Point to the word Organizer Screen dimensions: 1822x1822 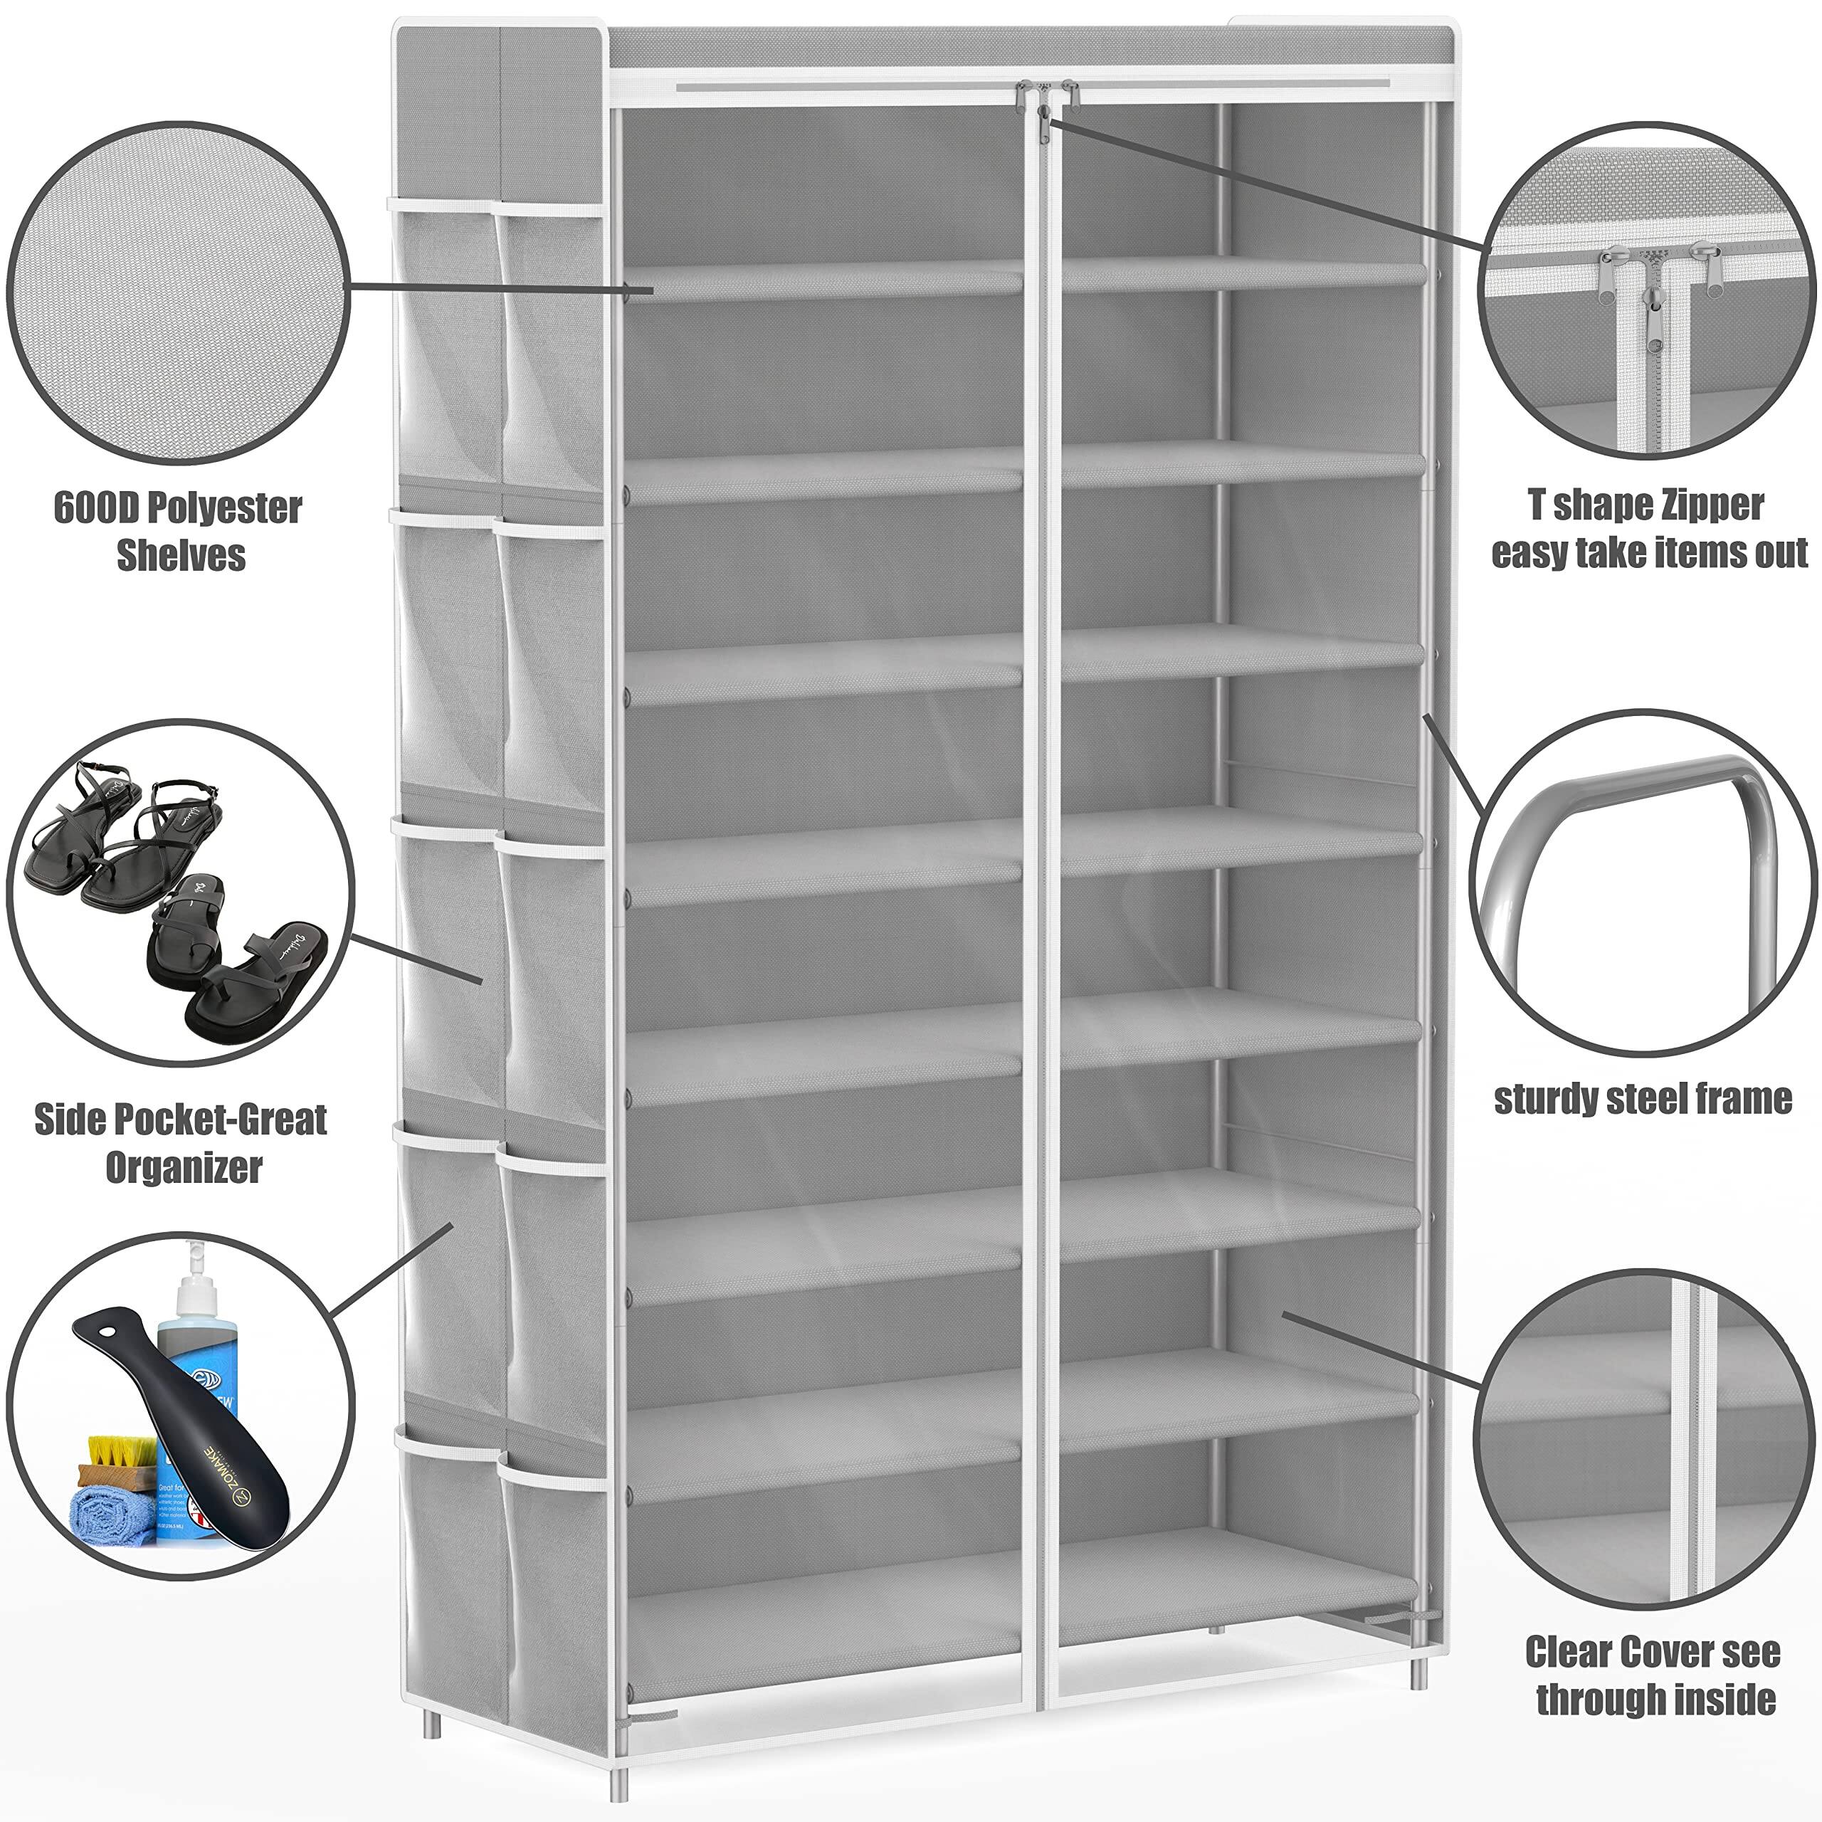(183, 1167)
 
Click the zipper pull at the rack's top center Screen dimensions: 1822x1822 (1043, 111)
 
